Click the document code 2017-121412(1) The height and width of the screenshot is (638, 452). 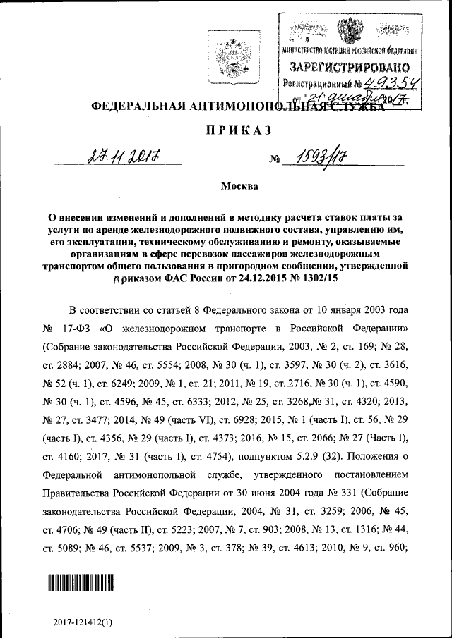83,623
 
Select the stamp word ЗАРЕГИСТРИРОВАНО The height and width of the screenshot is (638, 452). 350,68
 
